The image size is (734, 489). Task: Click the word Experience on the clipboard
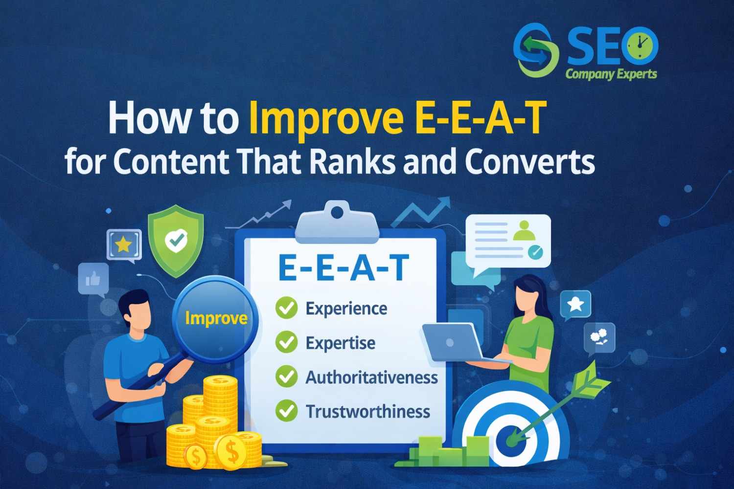pos(346,309)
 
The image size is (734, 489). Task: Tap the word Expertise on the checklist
pos(340,343)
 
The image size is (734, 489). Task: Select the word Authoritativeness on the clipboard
pos(371,377)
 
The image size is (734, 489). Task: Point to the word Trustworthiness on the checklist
pos(367,411)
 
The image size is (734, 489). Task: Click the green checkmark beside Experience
pos(286,309)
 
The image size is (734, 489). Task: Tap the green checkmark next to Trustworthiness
pos(286,411)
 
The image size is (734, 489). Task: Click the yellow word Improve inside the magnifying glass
pos(216,318)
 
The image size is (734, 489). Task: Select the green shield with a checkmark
pos(176,240)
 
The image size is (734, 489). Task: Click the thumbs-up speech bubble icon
pos(93,279)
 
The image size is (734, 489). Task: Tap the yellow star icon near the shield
pos(123,244)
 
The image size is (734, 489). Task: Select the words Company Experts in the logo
pos(611,74)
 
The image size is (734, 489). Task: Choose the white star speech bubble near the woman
pos(575,304)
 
